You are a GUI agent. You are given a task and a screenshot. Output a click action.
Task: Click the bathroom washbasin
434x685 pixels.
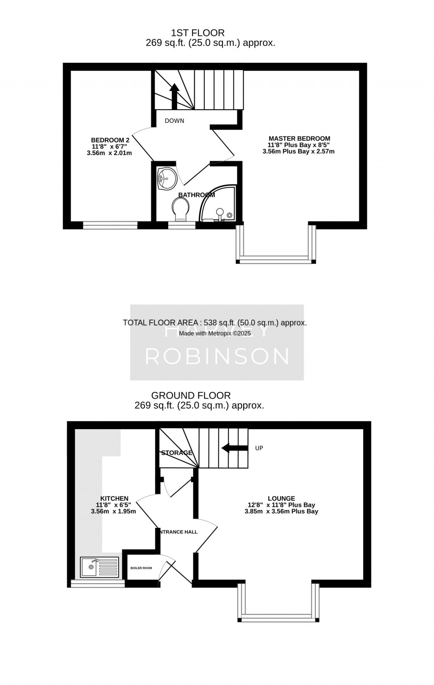pos(167,179)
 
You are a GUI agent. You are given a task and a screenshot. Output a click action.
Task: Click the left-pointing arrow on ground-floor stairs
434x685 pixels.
pos(234,448)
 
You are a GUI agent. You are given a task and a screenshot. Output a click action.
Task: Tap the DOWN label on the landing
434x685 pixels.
pos(175,121)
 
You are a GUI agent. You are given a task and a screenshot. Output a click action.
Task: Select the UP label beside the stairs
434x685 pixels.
pos(259,448)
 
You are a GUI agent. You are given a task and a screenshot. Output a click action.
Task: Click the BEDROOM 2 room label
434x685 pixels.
pos(110,140)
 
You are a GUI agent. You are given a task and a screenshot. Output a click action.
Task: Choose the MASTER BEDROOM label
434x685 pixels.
pos(299,139)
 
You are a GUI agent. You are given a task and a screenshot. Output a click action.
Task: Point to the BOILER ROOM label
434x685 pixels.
pos(141,568)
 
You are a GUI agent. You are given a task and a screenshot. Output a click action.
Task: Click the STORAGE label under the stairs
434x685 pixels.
pos(177,453)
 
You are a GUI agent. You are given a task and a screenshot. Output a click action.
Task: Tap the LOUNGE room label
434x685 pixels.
pos(281,499)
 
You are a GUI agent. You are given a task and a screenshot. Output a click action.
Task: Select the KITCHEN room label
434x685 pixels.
pos(114,499)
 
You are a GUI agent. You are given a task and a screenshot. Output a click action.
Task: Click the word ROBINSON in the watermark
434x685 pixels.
pos(217,356)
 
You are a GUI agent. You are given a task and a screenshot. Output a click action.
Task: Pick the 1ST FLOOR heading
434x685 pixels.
pos(198,33)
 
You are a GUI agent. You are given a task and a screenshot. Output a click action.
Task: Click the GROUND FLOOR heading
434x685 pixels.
pos(191,395)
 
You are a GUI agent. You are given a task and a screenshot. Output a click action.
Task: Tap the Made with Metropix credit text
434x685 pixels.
pos(215,333)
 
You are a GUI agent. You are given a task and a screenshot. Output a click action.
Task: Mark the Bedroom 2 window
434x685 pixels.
pos(110,226)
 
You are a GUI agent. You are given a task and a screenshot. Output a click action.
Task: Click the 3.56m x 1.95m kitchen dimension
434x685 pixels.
pos(114,511)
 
